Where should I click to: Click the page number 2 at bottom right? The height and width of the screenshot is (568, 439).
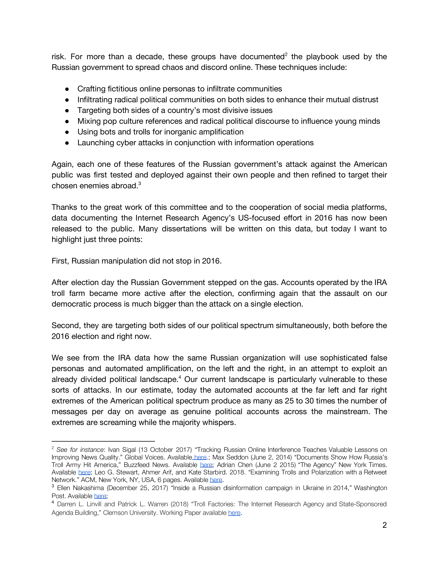[384, 525]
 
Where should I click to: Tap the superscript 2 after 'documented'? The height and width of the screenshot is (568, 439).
[286, 54]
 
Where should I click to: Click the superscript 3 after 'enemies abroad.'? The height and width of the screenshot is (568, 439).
[140, 183]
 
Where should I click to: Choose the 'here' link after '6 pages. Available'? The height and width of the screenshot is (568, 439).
[216, 480]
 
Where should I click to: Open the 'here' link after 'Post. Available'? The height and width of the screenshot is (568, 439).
[100, 496]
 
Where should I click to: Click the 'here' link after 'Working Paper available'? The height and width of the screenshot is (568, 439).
[234, 513]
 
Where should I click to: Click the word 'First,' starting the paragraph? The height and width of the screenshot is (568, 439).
[60, 261]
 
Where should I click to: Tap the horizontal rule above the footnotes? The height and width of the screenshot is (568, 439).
[103, 441]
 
